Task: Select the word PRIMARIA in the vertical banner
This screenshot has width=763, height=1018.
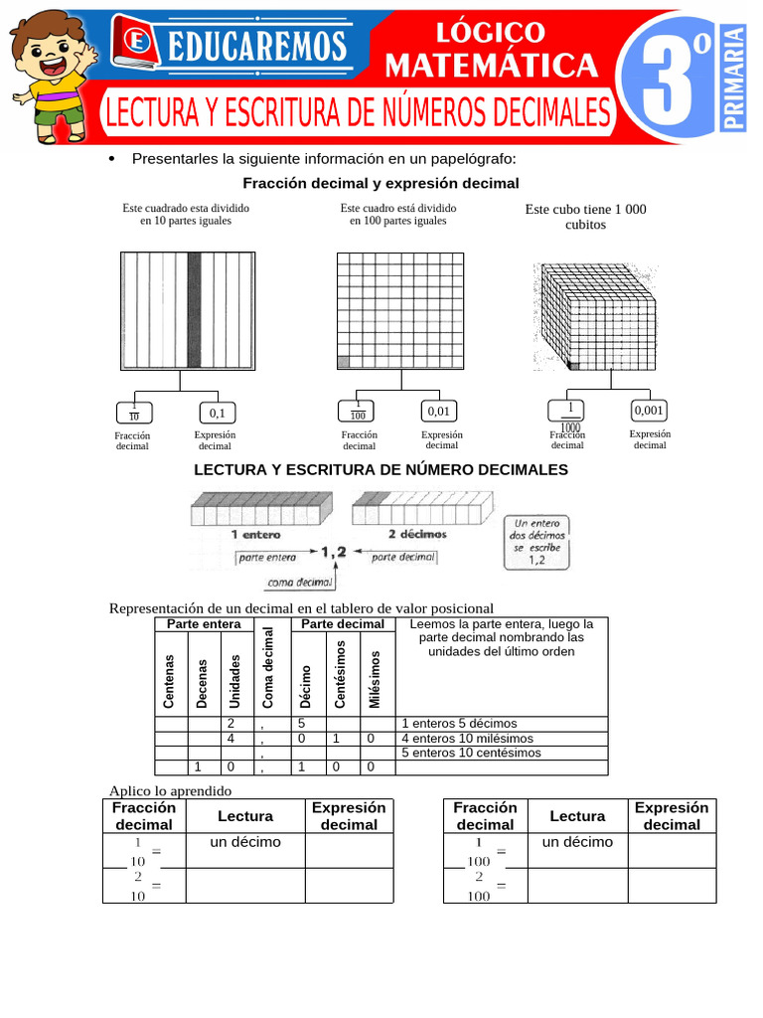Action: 734,79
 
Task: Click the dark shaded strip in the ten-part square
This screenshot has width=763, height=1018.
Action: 195,310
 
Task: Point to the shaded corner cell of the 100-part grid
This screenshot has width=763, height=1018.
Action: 343,363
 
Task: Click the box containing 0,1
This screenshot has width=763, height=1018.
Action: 217,413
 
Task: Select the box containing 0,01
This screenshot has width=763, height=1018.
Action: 439,411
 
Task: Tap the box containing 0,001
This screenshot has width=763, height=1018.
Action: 650,410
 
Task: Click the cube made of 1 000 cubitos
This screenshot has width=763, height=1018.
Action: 594,317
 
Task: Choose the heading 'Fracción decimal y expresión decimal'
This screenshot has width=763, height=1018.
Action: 381,183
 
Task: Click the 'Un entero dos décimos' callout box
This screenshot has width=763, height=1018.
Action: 537,542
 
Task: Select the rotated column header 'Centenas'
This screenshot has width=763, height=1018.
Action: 170,681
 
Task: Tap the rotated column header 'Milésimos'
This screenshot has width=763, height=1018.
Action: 375,680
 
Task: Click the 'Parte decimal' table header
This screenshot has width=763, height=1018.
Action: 342,623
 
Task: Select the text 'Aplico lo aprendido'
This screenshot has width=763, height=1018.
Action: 170,790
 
